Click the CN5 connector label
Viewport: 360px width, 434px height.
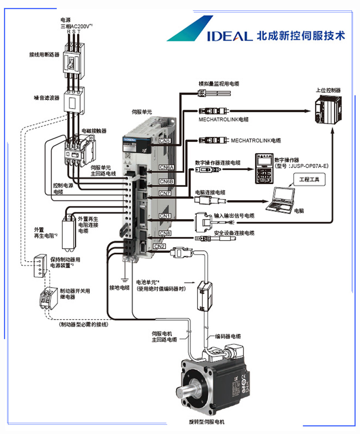pos(165,140)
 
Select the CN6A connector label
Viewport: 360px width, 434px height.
pos(166,167)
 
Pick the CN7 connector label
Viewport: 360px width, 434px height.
pos(165,194)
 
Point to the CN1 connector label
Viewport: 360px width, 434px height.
pos(165,216)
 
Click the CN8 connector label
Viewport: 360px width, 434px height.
pos(165,233)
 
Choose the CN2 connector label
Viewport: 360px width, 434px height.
pos(159,246)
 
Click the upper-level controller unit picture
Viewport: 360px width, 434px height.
pos(328,109)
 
